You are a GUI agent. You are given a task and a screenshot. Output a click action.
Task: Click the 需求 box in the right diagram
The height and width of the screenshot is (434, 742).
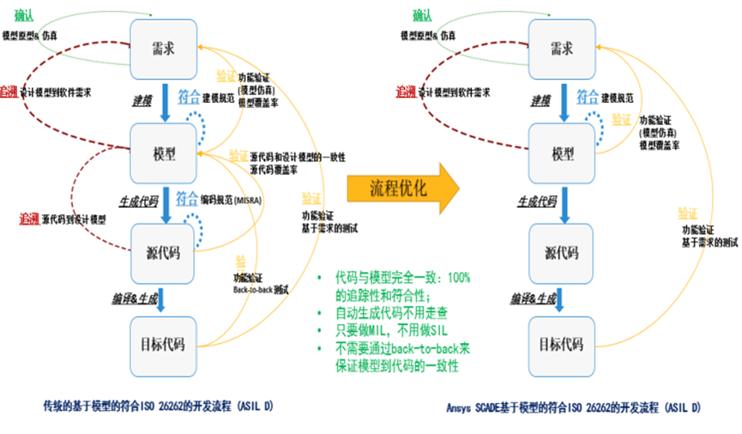point(561,46)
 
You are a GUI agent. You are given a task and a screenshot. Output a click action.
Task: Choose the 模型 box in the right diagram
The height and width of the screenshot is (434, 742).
point(561,154)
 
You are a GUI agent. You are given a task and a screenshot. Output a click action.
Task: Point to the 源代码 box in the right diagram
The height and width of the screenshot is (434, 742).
point(561,252)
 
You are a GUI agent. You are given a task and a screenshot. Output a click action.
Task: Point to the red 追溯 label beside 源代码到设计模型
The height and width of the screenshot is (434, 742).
point(30,220)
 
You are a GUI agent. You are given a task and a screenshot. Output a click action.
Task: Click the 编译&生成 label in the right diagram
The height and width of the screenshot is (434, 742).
point(534,298)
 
